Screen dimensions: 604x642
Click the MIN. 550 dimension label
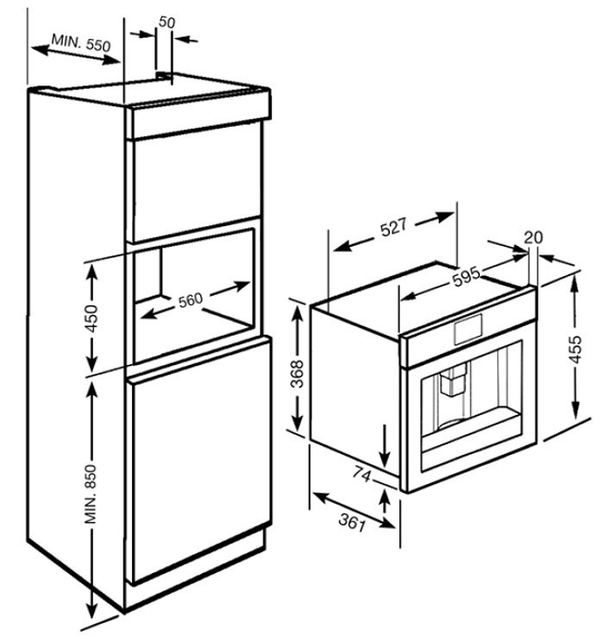(x=81, y=42)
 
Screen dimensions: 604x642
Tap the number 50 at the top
(x=167, y=22)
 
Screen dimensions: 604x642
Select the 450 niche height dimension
(x=91, y=318)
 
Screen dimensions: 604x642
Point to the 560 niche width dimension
(x=191, y=299)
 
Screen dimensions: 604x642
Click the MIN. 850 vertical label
(x=90, y=494)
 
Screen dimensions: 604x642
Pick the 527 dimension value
(x=393, y=228)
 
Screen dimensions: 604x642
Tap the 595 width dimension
(x=466, y=277)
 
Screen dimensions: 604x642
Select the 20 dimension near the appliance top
(x=533, y=237)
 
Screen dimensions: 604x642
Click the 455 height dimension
(x=576, y=349)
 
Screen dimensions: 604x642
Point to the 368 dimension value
(x=297, y=374)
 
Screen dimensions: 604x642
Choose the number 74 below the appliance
(x=362, y=475)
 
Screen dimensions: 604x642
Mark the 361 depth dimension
(x=352, y=522)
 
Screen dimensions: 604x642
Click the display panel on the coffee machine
(x=468, y=329)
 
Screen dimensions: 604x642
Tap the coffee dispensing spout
(x=452, y=380)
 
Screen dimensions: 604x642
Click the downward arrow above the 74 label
(x=385, y=445)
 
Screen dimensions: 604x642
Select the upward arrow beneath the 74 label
(x=384, y=500)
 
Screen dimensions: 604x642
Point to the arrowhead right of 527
(x=444, y=217)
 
